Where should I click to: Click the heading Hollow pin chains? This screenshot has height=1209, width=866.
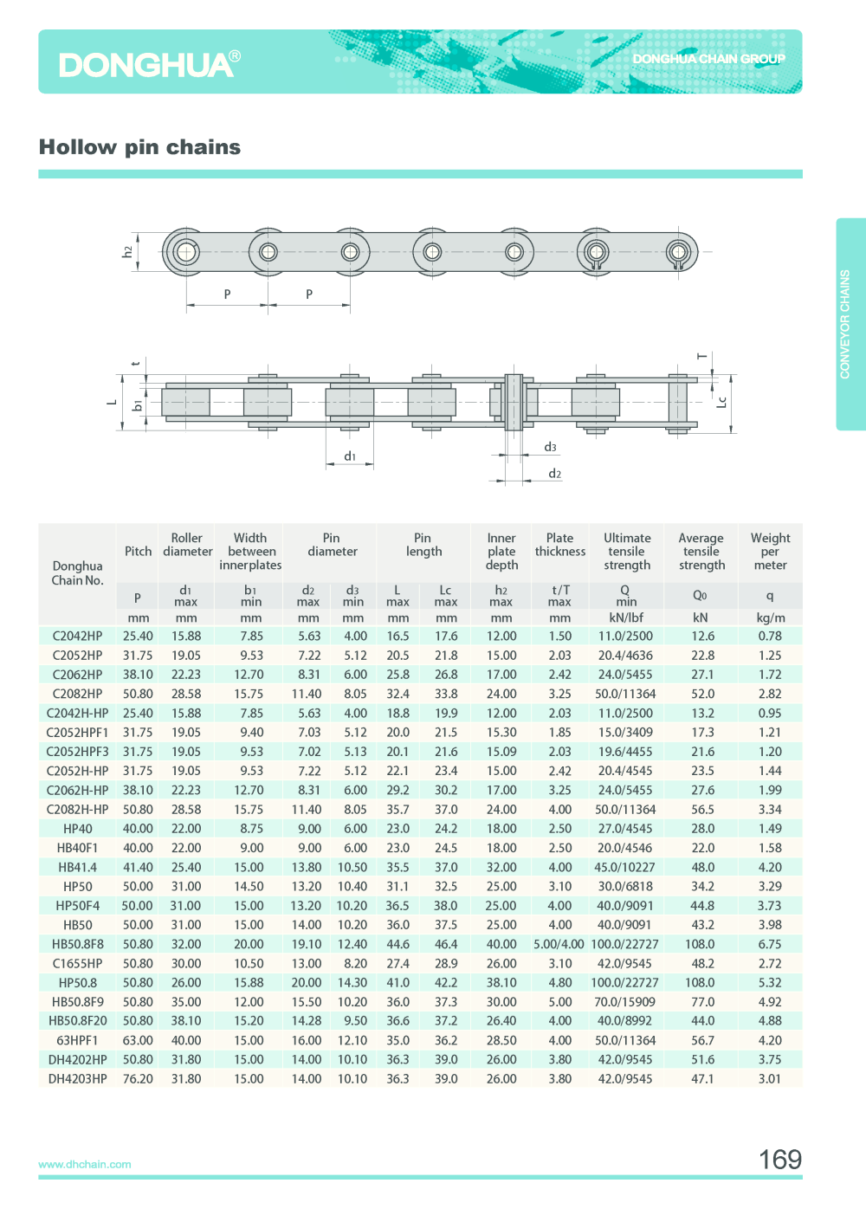139,147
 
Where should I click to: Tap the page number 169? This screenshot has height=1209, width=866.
779,1160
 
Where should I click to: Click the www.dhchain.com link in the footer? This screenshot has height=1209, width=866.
85,1164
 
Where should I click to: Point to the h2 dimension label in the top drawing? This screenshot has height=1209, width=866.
127,251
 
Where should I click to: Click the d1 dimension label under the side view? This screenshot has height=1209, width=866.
350,456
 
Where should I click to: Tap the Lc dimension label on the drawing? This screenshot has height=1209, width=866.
721,402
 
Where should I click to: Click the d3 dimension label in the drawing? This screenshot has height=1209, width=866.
550,447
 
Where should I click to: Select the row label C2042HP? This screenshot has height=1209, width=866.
77,636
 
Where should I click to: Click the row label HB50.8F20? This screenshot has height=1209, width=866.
77,1021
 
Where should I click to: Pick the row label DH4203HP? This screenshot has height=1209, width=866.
77,1079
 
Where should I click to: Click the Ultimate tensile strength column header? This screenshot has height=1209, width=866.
627,552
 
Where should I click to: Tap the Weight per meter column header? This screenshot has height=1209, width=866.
770,552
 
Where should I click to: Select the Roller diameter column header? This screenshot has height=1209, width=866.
187,545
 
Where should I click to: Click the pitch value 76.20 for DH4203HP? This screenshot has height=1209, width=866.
138,1079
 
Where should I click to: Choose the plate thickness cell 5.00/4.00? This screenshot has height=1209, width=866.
559,944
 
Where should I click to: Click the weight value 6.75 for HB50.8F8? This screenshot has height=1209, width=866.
770,944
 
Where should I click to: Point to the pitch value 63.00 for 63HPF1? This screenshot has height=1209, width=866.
138,1040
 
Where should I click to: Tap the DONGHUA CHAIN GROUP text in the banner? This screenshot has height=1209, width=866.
708,59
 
